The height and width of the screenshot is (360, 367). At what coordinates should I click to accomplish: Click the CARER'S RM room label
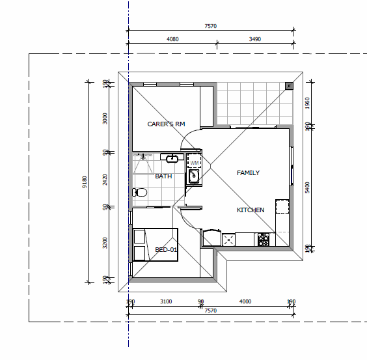(x=166, y=124)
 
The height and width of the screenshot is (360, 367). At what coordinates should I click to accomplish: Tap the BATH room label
(x=163, y=176)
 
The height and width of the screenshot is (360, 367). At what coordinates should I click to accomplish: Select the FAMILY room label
(x=248, y=173)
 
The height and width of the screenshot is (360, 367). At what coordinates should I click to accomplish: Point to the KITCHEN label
(x=251, y=210)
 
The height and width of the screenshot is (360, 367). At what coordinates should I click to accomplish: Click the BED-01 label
(x=167, y=250)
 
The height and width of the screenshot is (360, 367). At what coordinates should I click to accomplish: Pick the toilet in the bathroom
(x=138, y=192)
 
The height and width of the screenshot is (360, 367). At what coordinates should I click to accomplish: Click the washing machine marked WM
(x=194, y=161)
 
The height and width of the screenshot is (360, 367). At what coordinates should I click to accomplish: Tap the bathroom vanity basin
(x=172, y=158)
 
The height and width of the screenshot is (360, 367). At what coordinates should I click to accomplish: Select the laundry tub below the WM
(x=193, y=176)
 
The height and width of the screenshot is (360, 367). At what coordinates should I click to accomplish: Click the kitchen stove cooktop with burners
(x=264, y=240)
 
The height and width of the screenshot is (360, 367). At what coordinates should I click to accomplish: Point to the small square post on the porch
(x=288, y=85)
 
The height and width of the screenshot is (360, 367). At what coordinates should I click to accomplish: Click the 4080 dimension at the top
(x=172, y=39)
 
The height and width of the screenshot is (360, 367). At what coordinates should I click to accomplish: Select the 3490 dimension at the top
(x=255, y=39)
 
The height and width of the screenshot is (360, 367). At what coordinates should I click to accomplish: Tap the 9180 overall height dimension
(x=84, y=182)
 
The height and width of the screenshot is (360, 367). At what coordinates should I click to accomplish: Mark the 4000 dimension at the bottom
(x=245, y=301)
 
